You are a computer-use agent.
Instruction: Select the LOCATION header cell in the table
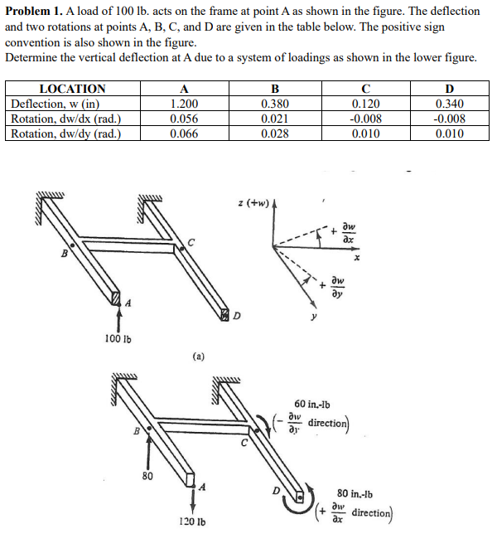(73, 89)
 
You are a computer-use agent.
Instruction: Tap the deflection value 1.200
(183, 104)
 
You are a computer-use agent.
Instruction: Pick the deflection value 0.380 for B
(275, 104)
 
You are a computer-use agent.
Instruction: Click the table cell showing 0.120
(366, 104)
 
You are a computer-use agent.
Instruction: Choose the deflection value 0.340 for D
(450, 104)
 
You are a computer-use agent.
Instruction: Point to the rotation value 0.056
(183, 119)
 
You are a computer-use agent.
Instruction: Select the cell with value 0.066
(183, 134)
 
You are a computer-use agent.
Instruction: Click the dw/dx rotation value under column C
(366, 119)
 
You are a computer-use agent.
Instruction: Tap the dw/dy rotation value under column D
(450, 134)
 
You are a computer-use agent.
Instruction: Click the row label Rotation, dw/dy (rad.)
(66, 134)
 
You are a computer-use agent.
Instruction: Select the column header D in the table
(450, 89)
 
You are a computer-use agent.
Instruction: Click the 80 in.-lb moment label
(359, 491)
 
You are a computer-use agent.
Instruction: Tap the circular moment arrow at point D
(294, 498)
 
